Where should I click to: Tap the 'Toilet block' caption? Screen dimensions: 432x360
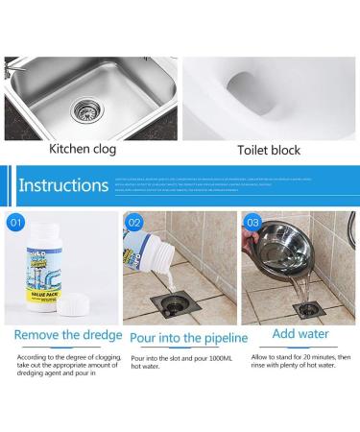(268, 150)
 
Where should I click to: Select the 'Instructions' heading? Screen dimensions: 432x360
(63, 185)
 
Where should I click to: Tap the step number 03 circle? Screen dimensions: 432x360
(253, 224)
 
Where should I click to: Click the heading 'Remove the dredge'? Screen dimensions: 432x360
(68, 335)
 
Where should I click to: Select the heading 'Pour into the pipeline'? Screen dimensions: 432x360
(189, 338)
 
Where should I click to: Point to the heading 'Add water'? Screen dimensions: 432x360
(300, 334)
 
